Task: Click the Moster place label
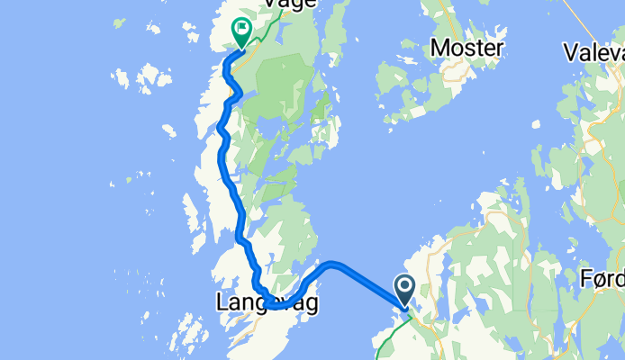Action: pos(466,48)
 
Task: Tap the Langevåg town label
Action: pos(267,304)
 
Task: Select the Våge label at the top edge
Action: pos(289,4)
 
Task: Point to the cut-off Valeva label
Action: pos(593,51)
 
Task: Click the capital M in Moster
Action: pos(440,48)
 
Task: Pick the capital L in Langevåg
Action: pos(222,304)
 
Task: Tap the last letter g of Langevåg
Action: pos(311,307)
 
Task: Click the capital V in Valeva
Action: pos(570,51)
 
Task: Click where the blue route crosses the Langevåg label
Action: pos(270,305)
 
